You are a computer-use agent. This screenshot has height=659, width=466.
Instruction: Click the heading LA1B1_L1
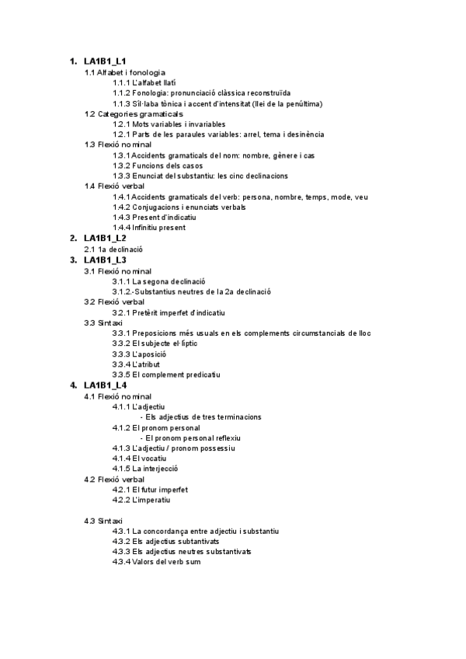pos(105,61)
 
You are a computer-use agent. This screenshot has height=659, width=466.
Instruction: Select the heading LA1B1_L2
pos(105,238)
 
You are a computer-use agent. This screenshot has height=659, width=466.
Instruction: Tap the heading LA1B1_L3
pos(105,259)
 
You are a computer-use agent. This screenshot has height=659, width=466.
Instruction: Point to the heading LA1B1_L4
pos(105,385)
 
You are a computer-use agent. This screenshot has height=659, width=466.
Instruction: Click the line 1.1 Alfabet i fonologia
pos(124,72)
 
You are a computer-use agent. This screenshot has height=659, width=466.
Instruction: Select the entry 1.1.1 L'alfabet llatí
pos(144,82)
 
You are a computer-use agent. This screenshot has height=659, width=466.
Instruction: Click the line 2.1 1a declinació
pos(113,249)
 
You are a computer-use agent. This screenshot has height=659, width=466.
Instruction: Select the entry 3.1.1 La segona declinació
pos(158,281)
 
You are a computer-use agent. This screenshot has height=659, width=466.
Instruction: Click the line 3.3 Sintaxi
pos(103,323)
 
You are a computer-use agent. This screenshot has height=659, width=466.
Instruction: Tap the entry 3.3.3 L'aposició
pos(139,354)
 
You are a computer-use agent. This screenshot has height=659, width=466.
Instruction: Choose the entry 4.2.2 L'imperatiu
pos(141,500)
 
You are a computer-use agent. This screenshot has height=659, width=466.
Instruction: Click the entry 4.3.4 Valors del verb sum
pos(156,562)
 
